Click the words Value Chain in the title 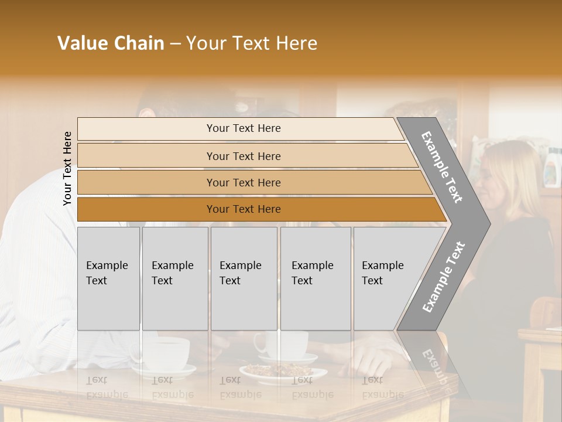(x=111, y=43)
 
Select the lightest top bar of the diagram (x=240, y=128)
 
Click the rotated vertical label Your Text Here (x=67, y=168)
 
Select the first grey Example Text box (x=108, y=278)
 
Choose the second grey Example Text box (x=175, y=278)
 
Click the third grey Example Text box (x=244, y=278)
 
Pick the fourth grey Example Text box (x=316, y=278)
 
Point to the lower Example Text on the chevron (x=443, y=277)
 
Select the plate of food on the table (x=275, y=372)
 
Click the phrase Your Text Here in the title (x=252, y=43)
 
